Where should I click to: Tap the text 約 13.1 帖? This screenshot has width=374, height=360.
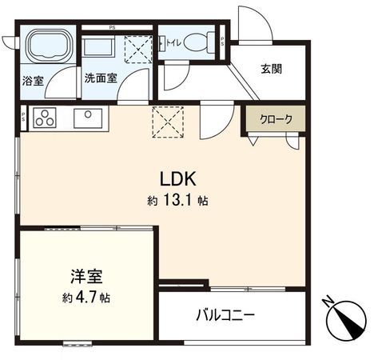[177, 201]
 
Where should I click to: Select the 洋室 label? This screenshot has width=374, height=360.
[84, 278]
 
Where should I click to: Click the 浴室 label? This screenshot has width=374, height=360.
[34, 80]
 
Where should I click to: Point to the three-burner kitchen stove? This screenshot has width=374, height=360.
[43, 118]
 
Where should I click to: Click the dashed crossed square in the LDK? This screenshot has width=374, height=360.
[168, 122]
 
